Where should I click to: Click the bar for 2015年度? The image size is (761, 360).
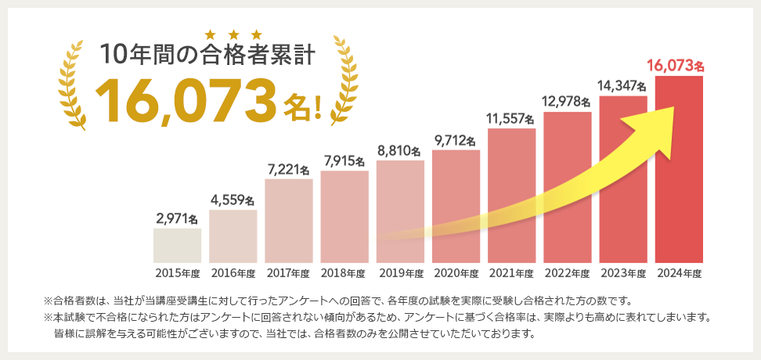pyautogui.click(x=177, y=245)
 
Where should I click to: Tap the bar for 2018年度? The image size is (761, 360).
pyautogui.click(x=344, y=216)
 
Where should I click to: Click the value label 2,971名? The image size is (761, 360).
pyautogui.click(x=177, y=218)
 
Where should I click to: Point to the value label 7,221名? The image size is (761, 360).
pyautogui.click(x=288, y=169)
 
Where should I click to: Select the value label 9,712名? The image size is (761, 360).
pyautogui.click(x=455, y=140)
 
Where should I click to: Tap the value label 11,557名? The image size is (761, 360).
pyautogui.click(x=510, y=119)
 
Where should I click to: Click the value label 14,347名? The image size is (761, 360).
pyautogui.click(x=622, y=85)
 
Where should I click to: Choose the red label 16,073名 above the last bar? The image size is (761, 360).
pyautogui.click(x=677, y=65)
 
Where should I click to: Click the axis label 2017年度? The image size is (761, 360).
pyautogui.click(x=288, y=273)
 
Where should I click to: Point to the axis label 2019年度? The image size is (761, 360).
pyautogui.click(x=400, y=273)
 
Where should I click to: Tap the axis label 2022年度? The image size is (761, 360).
pyautogui.click(x=567, y=273)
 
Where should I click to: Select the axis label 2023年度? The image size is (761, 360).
pyautogui.click(x=623, y=273)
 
